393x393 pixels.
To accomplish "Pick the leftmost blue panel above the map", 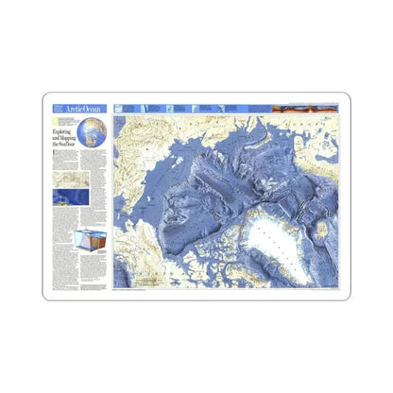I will point(125,111).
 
